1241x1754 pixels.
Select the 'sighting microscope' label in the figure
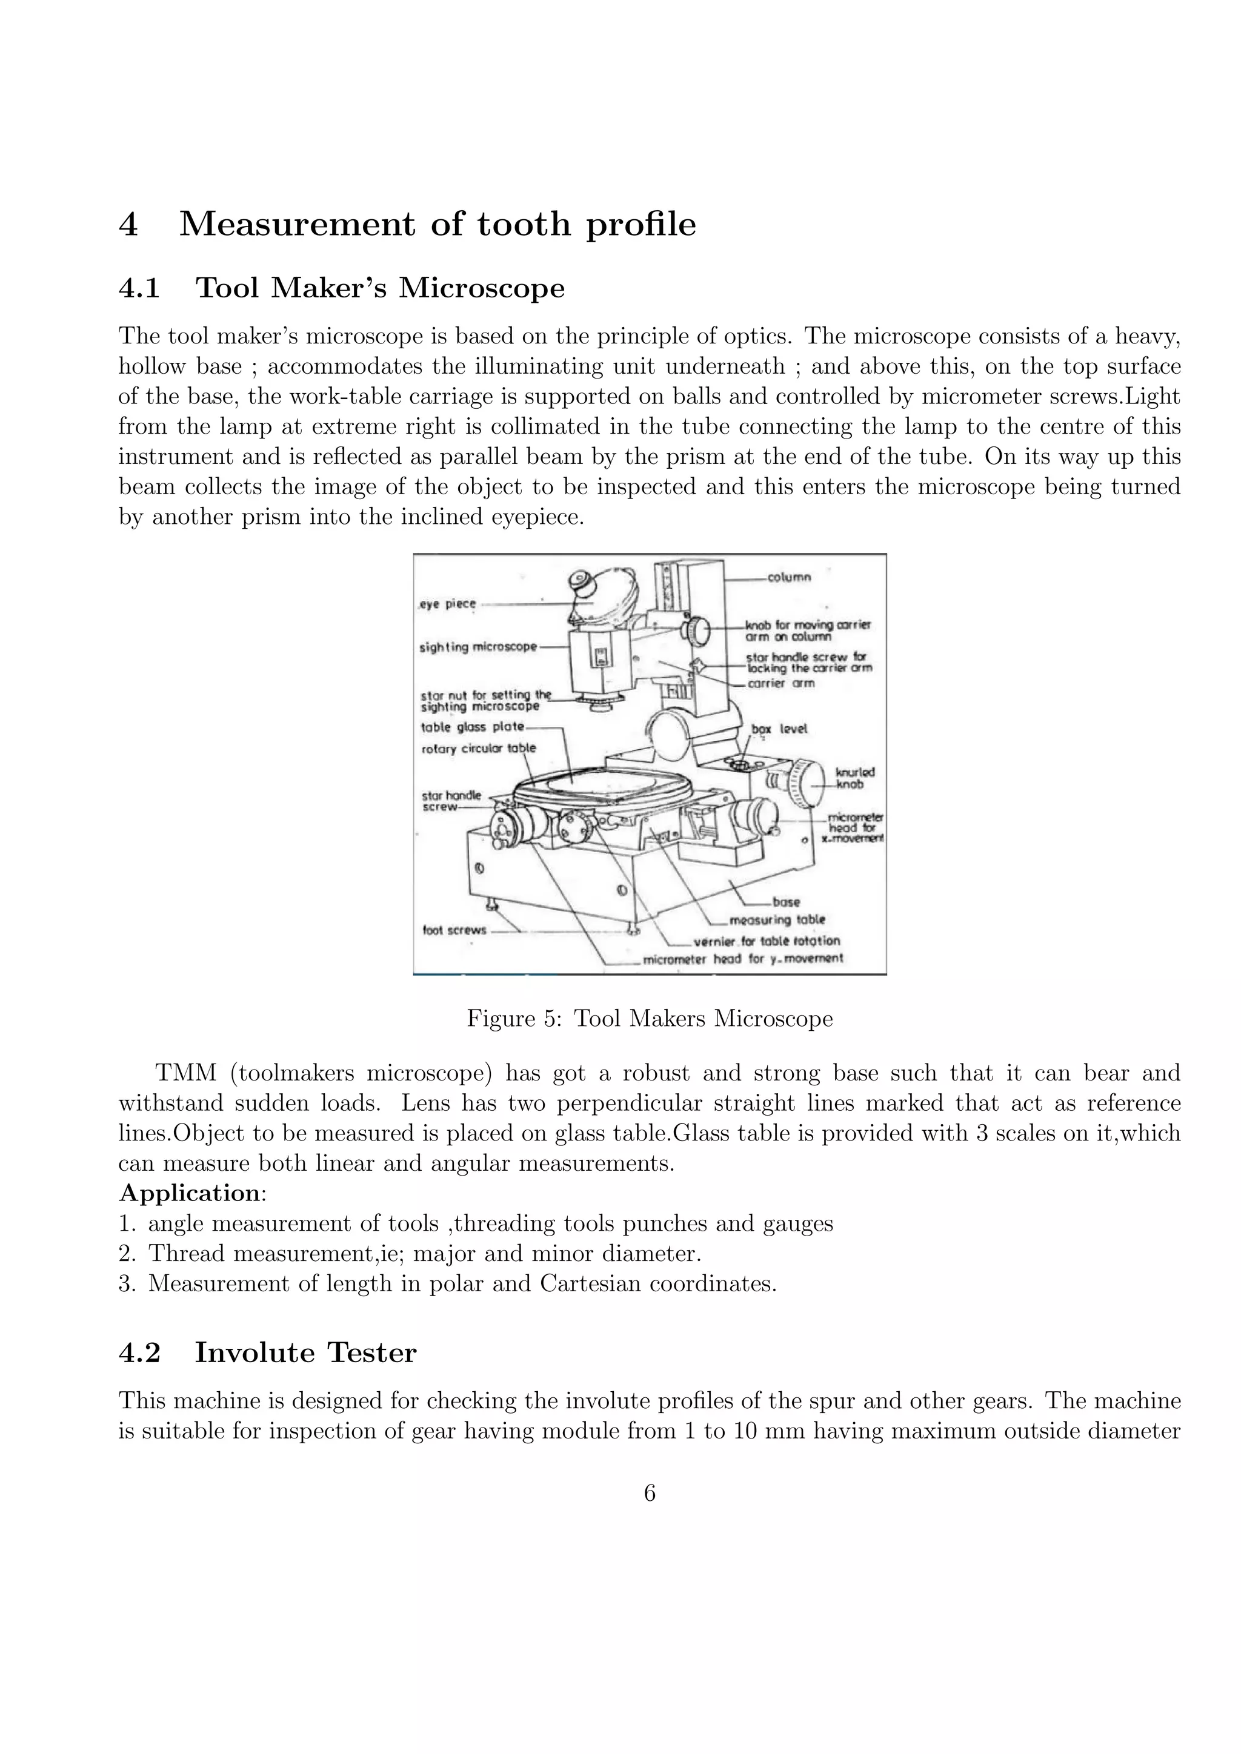(478, 647)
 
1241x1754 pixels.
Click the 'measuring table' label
(777, 920)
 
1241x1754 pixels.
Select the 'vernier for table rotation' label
(767, 941)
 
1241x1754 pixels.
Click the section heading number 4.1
(139, 288)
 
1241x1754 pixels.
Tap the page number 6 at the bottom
(650, 1493)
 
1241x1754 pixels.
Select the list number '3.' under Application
(127, 1283)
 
